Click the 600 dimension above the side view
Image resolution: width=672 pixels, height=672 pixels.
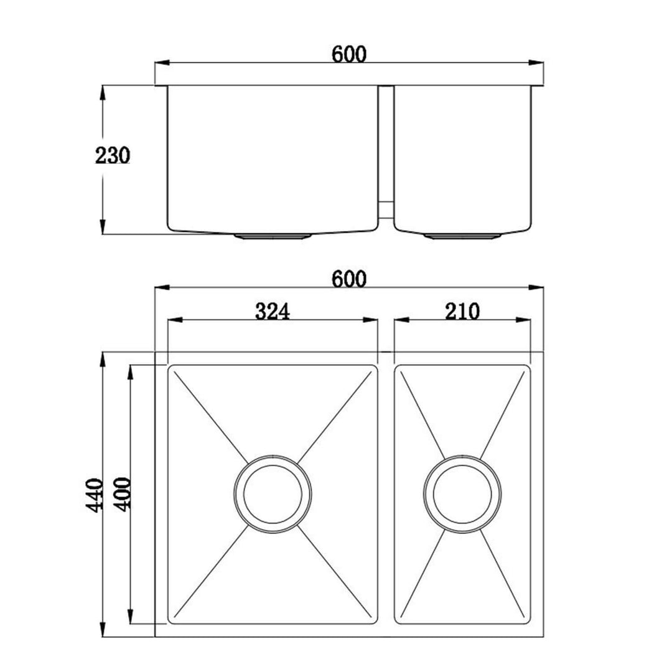348,54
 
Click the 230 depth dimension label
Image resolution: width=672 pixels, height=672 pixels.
113,155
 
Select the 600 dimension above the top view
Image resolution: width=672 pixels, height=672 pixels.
348,279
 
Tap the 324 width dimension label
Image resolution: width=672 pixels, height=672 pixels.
273,310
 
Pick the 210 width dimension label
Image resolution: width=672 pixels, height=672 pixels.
462,310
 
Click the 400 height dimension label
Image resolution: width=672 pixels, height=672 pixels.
123,495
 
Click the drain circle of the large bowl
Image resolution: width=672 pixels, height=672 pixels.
273,495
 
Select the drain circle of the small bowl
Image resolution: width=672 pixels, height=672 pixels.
461,495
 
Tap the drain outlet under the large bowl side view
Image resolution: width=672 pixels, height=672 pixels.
273,236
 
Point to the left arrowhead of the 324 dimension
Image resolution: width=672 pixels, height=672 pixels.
174,320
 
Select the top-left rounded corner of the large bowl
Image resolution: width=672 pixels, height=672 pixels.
171,368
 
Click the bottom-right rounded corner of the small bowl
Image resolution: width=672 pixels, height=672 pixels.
528,620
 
